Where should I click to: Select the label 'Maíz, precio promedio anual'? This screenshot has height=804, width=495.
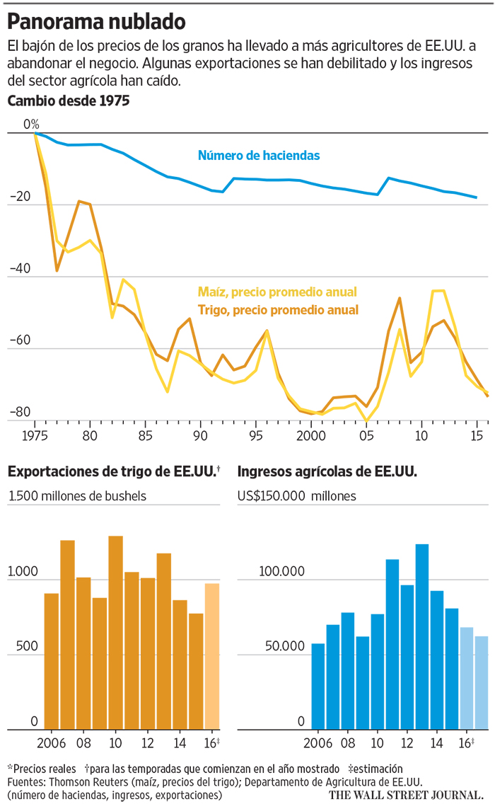click(277, 292)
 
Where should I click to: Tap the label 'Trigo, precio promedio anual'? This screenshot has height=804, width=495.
click(278, 309)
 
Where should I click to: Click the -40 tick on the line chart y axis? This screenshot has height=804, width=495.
click(21, 269)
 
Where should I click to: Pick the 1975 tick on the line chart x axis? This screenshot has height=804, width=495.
click(35, 434)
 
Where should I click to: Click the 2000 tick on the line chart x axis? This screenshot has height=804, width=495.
click(310, 434)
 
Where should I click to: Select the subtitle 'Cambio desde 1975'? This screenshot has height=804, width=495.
click(68, 101)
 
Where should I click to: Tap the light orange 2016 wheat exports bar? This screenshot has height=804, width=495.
click(212, 656)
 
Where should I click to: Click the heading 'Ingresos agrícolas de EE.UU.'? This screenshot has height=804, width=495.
click(327, 471)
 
